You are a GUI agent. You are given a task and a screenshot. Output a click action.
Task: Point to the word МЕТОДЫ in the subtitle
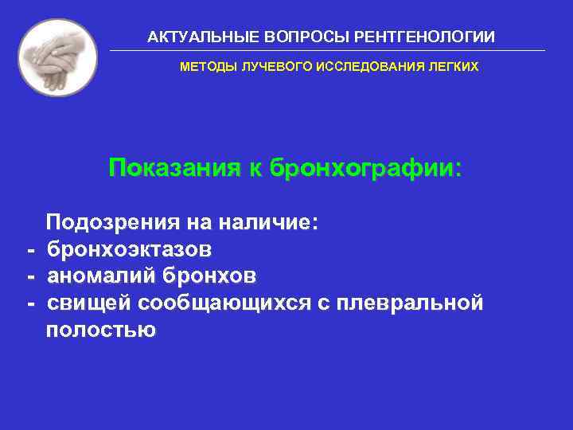point(204,68)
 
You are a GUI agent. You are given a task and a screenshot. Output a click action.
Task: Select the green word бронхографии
point(365,169)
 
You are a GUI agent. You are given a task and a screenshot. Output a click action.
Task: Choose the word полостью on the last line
point(101,330)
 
